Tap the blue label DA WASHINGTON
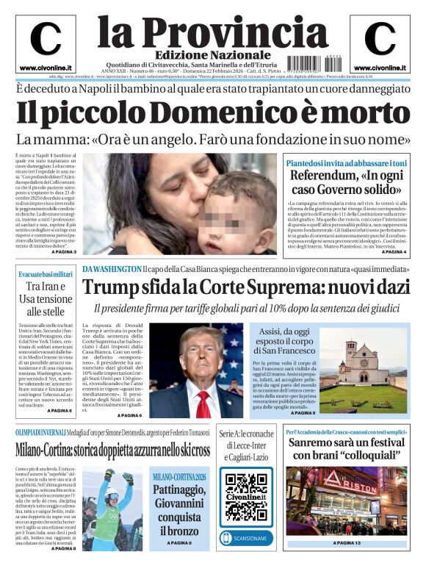[111, 269]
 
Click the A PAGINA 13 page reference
[347, 542]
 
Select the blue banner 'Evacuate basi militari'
[46, 274]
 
